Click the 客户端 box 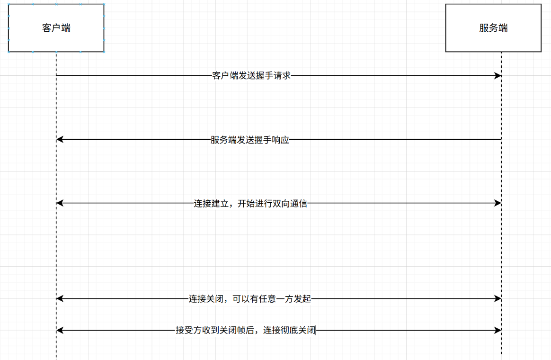pos(56,28)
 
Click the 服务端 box pos(493,28)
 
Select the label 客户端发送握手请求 pos(251,76)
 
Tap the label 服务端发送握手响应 pos(249,140)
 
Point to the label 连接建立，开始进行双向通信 pos(250,204)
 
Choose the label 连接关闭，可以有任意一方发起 pos(250,299)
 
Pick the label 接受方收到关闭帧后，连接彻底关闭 pos(245,331)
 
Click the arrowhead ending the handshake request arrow pos(498,76)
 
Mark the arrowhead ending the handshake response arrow pos(60,139)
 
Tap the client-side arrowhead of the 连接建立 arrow pos(60,203)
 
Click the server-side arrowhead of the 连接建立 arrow pos(498,203)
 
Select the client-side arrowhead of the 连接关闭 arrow pos(60,298)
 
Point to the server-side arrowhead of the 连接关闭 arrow pos(498,298)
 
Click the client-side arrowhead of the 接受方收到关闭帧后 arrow pos(60,330)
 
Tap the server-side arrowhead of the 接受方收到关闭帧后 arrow pos(498,330)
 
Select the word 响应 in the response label pos(280,140)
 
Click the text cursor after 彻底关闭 pos(315,331)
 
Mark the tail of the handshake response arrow pos(500,139)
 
